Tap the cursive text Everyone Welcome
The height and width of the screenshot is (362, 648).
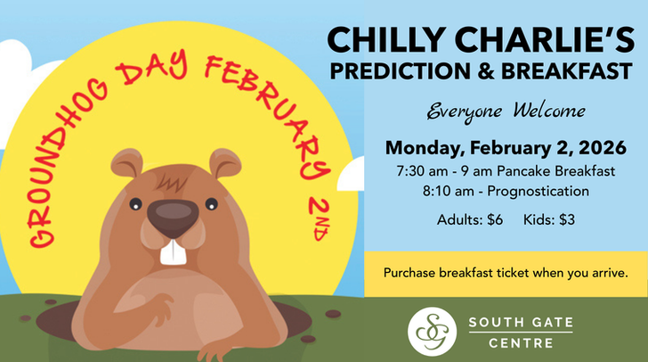tap(506, 111)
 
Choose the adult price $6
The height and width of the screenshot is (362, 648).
tap(472, 219)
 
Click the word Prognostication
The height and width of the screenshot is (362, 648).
tap(542, 190)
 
